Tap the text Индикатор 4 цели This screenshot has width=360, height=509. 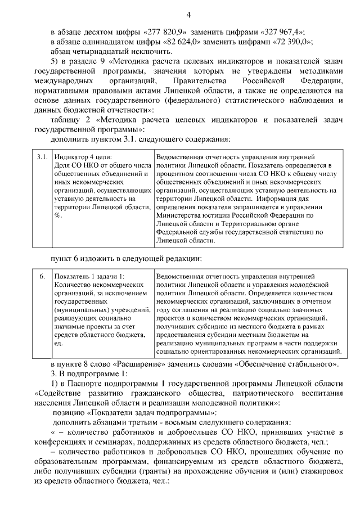[x=83, y=157]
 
